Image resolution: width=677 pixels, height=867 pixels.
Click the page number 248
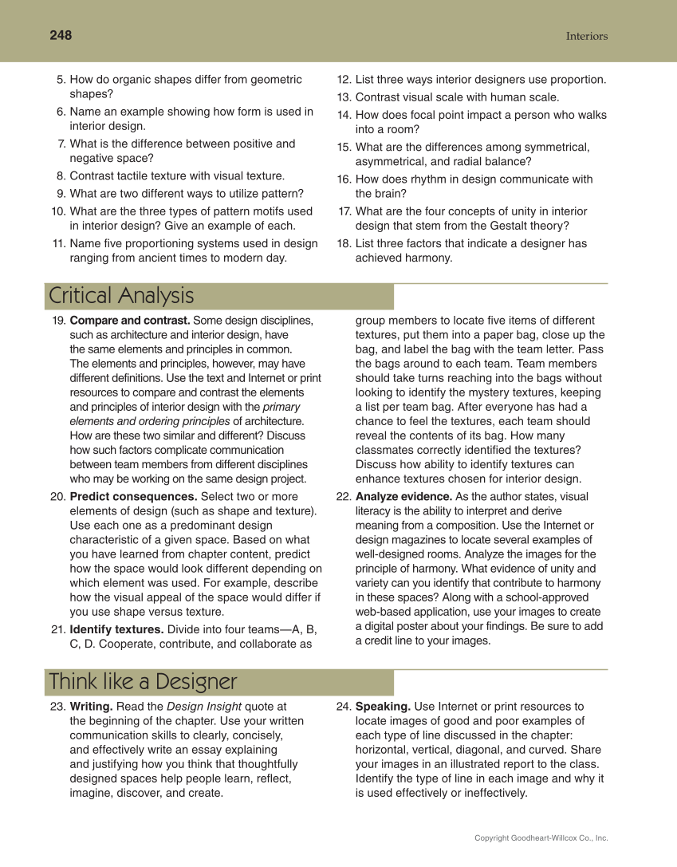pyautogui.click(x=61, y=35)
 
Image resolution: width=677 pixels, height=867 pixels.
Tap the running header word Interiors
pyautogui.click(x=586, y=36)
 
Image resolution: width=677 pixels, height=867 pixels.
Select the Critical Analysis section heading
pyautogui.click(x=121, y=296)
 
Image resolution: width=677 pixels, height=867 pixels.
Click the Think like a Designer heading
pyautogui.click(x=143, y=682)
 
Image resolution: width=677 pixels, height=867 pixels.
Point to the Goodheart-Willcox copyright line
pyautogui.click(x=541, y=837)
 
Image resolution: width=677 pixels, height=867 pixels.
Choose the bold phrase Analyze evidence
pyautogui.click(x=403, y=496)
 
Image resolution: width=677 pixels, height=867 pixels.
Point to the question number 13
pyautogui.click(x=344, y=97)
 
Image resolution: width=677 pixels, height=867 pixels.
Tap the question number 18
pyautogui.click(x=344, y=243)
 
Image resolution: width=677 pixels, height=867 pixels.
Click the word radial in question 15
pyautogui.click(x=455, y=161)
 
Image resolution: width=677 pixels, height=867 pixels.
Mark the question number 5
pyautogui.click(x=61, y=80)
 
